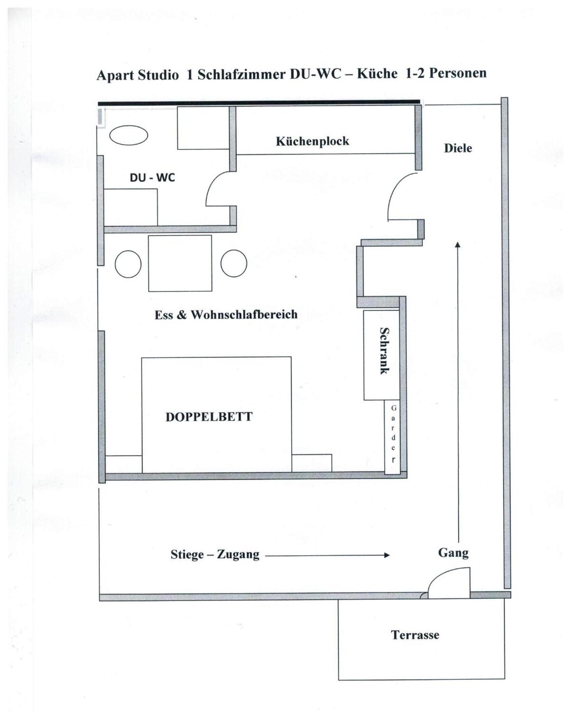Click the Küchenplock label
click(312, 141)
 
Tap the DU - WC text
click(152, 178)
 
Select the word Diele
click(458, 148)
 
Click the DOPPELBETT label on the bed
click(209, 417)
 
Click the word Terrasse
click(415, 635)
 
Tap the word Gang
click(453, 553)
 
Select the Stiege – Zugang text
click(215, 554)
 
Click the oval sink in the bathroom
click(129, 135)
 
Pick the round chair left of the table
click(128, 264)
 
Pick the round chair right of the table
click(234, 264)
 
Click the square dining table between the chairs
click(180, 263)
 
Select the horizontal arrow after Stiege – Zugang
click(327, 555)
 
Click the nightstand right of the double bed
click(312, 463)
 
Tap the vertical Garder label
click(393, 434)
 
